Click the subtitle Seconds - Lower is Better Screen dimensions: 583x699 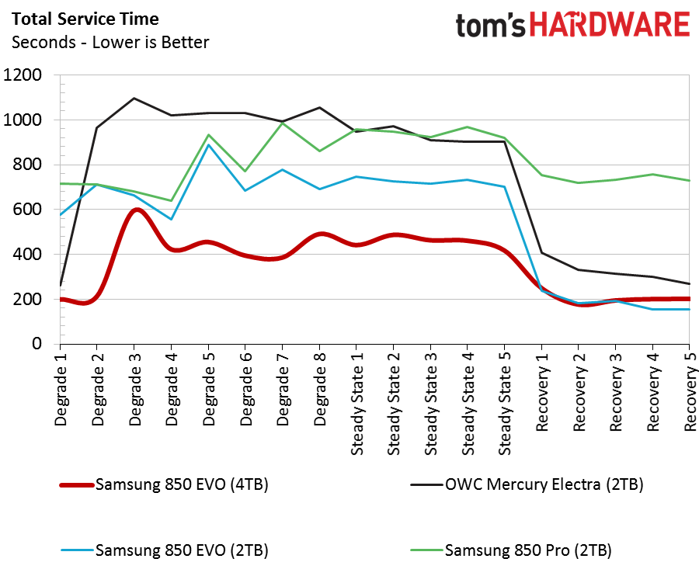pos(110,42)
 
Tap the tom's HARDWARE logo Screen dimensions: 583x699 pos(572,25)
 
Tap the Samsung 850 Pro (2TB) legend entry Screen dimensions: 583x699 pos(528,551)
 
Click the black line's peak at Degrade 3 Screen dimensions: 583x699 pos(134,99)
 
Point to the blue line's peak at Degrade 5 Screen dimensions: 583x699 pos(208,145)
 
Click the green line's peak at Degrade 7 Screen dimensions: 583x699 pos(283,123)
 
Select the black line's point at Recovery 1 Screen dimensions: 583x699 pos(541,253)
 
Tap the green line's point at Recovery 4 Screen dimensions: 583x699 pos(652,175)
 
